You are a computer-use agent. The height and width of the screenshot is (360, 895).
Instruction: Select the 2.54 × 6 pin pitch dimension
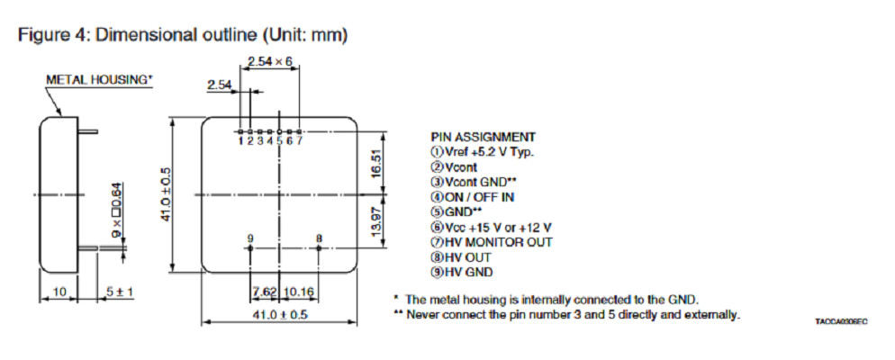coord(269,61)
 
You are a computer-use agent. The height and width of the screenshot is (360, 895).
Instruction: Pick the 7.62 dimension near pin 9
coord(265,292)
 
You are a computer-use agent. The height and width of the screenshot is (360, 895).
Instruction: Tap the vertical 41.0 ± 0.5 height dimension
coord(166,194)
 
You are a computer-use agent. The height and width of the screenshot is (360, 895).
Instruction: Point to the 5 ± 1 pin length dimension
coord(118,292)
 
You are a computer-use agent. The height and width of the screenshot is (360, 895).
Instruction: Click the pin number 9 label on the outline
coord(250,238)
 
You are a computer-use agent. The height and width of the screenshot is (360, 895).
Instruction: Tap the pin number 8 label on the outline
coord(319,238)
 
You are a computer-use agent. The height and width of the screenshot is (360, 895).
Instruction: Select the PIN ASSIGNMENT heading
coord(484,137)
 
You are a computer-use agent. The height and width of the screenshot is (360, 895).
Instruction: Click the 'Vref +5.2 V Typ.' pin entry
coord(483,151)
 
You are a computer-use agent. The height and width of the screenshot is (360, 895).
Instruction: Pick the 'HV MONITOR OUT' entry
coord(492,242)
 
